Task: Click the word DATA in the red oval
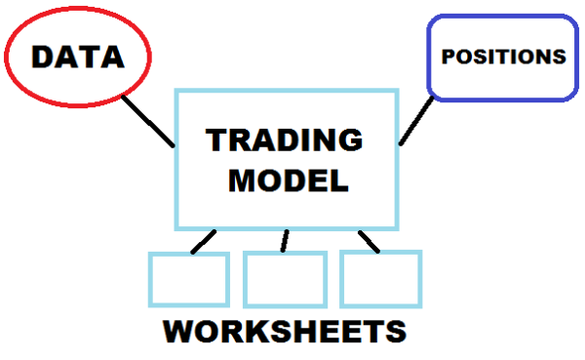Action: click(x=78, y=57)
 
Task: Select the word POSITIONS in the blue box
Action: click(x=503, y=56)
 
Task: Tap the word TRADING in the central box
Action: click(x=284, y=140)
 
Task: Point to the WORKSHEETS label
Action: click(x=285, y=331)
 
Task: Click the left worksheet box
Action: click(x=188, y=279)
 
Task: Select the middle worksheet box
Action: click(x=285, y=279)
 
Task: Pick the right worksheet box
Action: click(x=380, y=279)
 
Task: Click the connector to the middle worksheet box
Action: click(x=285, y=240)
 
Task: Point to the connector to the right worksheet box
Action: click(x=368, y=240)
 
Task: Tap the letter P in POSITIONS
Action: click(x=448, y=56)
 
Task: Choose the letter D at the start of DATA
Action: click(x=44, y=57)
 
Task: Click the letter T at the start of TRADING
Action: click(x=216, y=140)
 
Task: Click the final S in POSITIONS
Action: click(x=558, y=56)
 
